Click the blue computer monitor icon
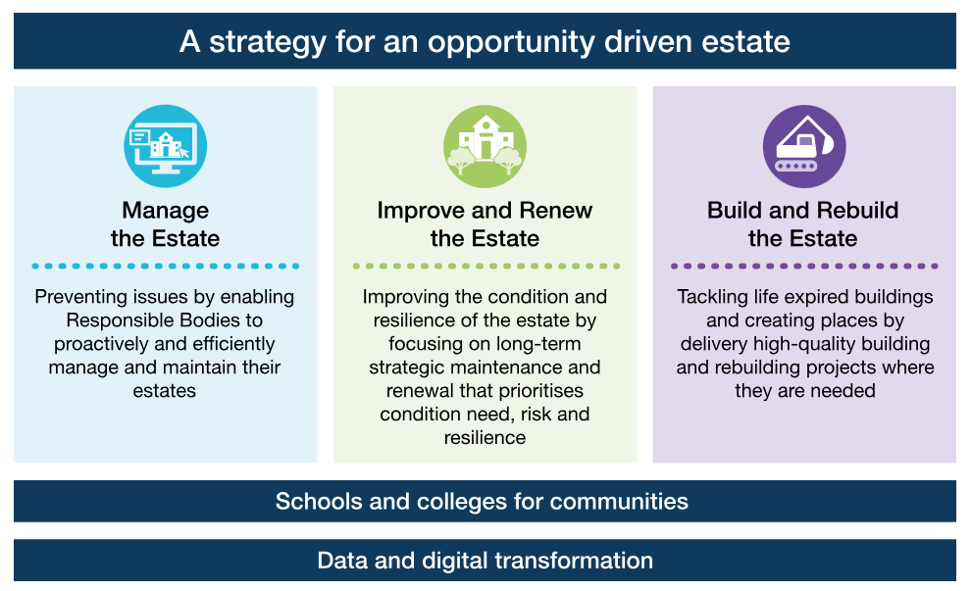166,146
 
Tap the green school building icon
485,146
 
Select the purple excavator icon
804,146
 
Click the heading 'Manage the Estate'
166,224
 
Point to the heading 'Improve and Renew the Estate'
485,224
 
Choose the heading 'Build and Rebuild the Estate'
803,224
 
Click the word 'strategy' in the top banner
268,43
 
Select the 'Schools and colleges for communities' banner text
482,501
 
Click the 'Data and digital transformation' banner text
485,561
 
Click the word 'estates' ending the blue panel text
164,391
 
